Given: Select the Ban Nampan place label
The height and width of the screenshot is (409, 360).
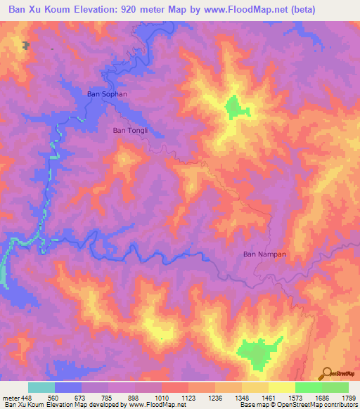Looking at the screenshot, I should (264, 254).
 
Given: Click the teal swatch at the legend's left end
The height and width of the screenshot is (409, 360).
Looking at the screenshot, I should (41, 387).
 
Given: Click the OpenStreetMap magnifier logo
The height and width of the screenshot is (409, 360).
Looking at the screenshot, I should (326, 373).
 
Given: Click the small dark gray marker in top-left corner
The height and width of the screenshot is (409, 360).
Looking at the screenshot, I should (27, 46).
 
